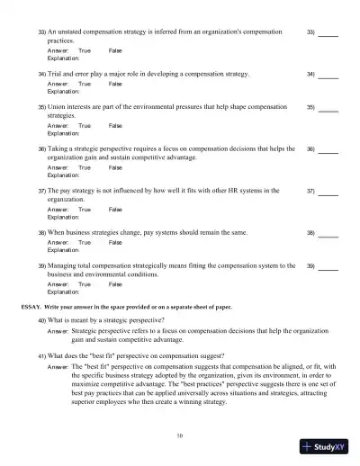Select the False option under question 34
click(114, 84)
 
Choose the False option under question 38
click(114, 242)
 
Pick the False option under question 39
click(114, 283)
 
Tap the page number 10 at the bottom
click(180, 435)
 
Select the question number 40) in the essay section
click(42, 320)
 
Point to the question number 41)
click(42, 355)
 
